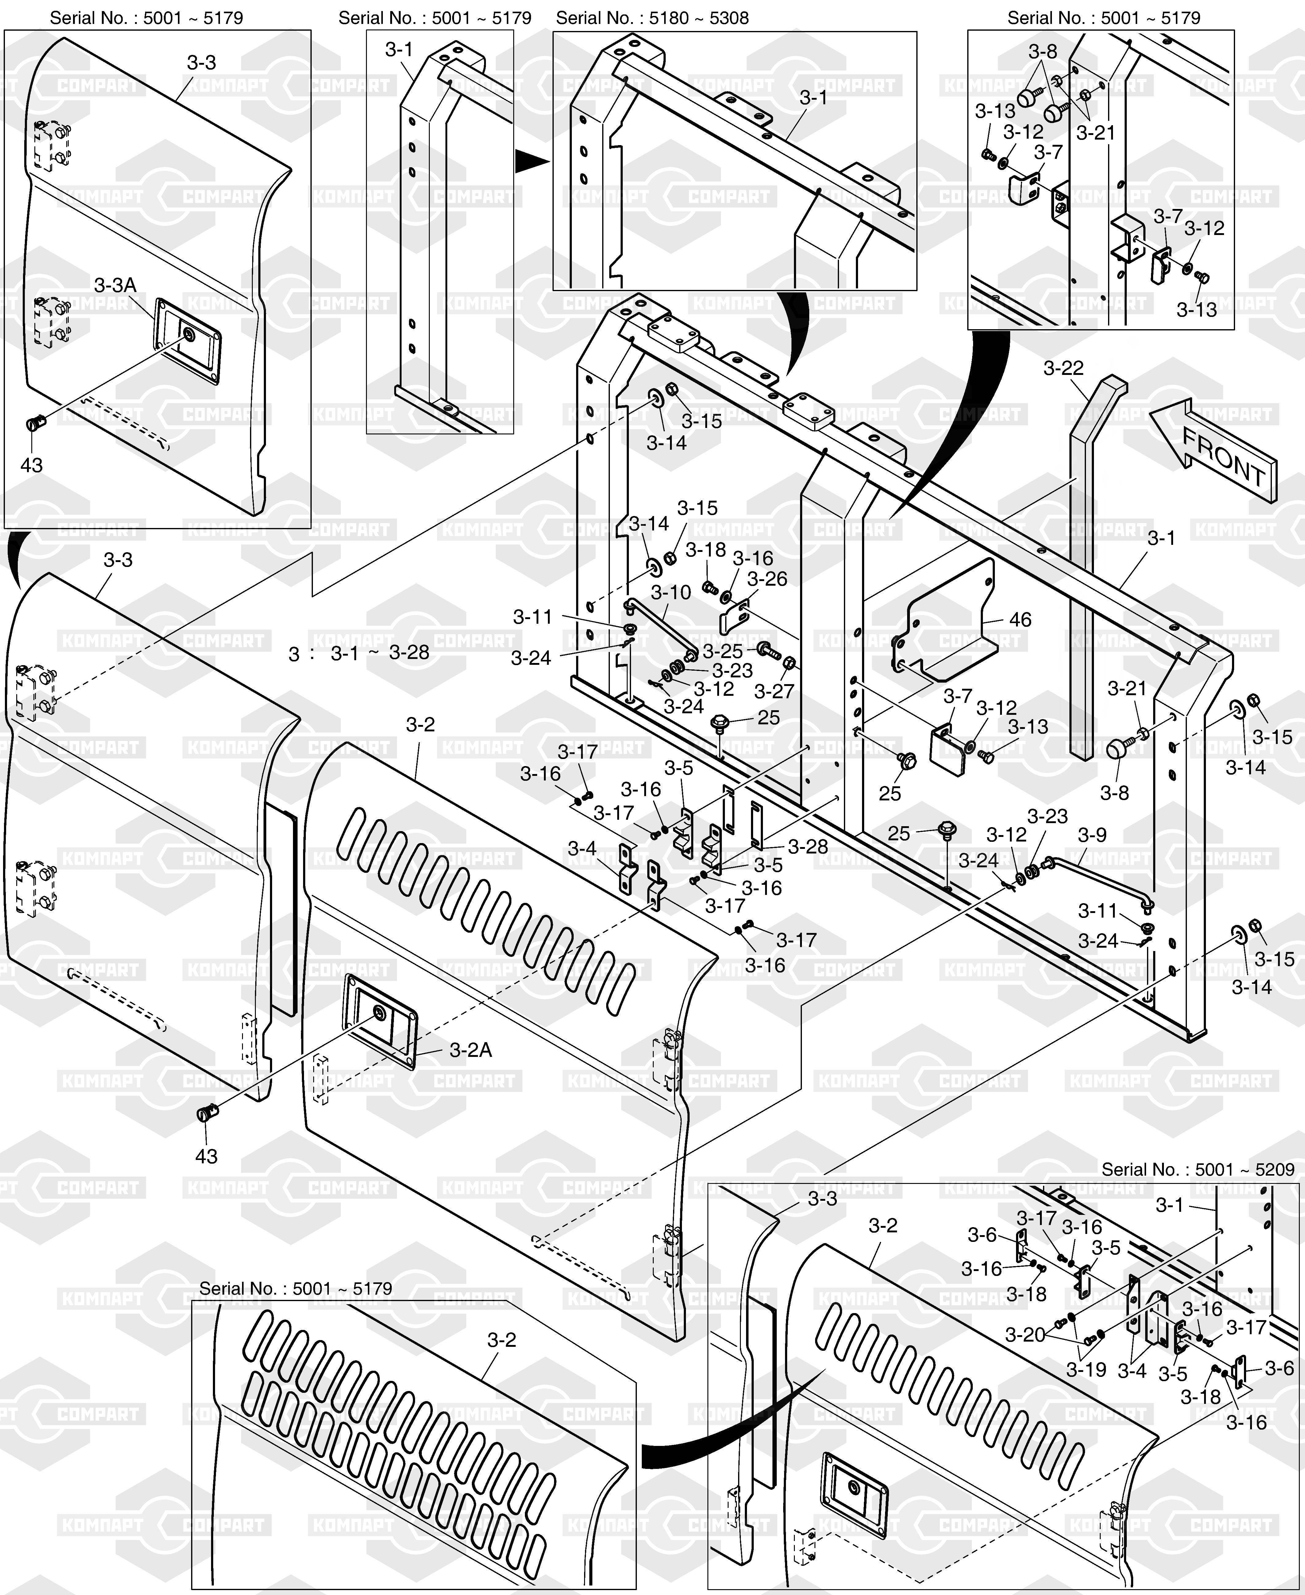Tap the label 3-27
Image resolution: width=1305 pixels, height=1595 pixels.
click(x=774, y=690)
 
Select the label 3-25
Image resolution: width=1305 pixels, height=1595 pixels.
click(x=722, y=651)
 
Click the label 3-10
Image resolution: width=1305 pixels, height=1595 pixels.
click(x=671, y=592)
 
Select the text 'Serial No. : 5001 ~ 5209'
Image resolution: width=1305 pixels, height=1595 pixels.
click(x=1198, y=1169)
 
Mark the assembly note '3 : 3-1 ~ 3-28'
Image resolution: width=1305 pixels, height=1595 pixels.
click(x=359, y=653)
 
